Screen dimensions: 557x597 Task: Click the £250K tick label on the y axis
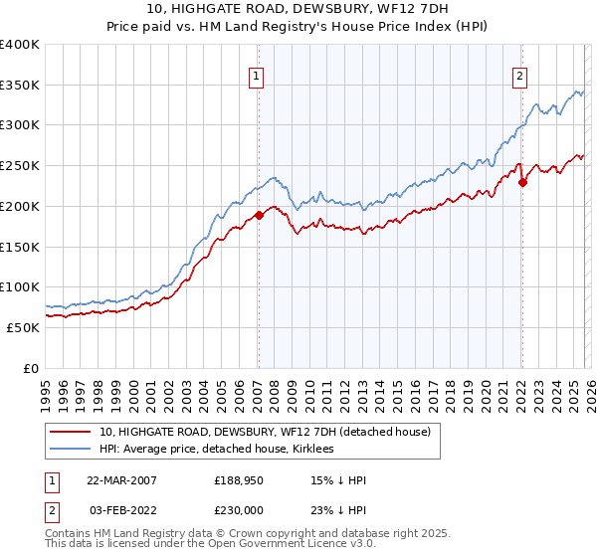click(20, 166)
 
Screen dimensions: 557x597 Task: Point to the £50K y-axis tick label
click(23, 327)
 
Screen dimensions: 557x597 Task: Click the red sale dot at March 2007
click(259, 214)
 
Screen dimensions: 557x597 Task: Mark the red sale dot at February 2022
click(522, 182)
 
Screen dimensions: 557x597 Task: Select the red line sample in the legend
click(71, 433)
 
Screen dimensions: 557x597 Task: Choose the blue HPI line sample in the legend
click(71, 450)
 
